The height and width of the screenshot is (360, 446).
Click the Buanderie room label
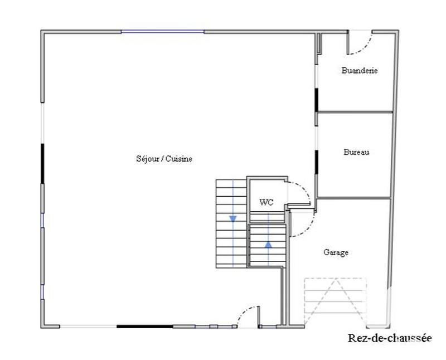pos(360,71)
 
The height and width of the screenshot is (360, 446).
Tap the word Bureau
pos(356,152)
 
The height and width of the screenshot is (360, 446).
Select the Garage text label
pos(336,252)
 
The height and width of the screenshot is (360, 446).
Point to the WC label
pos(266,203)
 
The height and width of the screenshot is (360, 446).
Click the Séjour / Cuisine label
pos(164,159)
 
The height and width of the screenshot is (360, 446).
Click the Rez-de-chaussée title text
pos(390,338)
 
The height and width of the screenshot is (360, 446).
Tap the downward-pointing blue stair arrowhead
pos(232,218)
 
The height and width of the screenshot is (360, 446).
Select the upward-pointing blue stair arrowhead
pos(268,244)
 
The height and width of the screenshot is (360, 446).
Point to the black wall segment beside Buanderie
pos(316,100)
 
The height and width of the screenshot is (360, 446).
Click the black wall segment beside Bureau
pos(316,161)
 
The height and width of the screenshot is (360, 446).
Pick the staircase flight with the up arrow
pos(268,245)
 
